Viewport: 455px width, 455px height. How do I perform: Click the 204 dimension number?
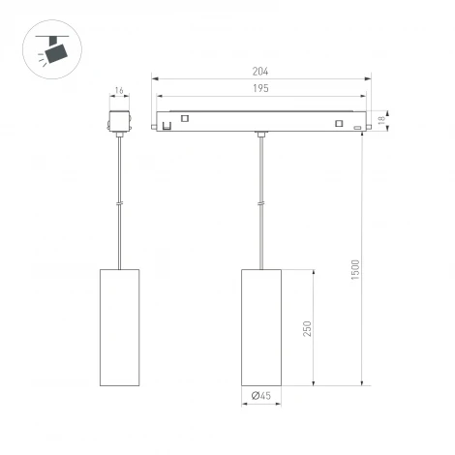coord(261,72)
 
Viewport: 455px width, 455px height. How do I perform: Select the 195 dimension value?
coord(261,89)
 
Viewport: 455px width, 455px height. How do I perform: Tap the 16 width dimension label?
coord(119,91)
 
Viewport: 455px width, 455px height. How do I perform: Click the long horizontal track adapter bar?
coord(261,121)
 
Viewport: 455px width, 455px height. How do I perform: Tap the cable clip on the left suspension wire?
coord(119,203)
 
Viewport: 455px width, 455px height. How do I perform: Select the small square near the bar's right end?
coord(339,123)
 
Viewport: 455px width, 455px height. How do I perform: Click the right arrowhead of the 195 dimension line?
coord(365,97)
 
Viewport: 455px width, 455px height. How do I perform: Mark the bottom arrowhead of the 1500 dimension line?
coord(362,382)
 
